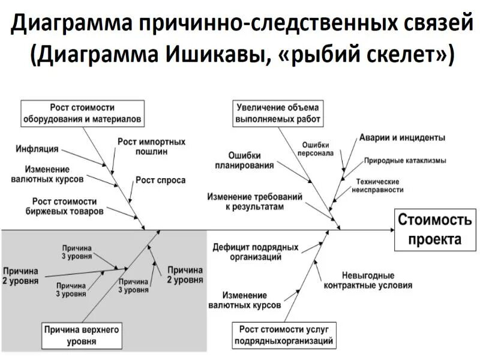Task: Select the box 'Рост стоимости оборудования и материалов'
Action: coord(82,113)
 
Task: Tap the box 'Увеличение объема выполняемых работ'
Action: coord(278,113)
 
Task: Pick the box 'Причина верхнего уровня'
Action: coord(82,335)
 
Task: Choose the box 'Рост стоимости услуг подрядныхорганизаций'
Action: coord(287,335)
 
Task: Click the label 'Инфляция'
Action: coord(37,148)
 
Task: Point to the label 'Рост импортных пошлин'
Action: coord(151,146)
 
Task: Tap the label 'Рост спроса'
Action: coord(160,180)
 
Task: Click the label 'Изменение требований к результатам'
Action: coord(255,201)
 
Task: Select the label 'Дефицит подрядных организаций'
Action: coord(256,252)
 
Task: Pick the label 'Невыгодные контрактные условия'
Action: coord(368,280)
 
